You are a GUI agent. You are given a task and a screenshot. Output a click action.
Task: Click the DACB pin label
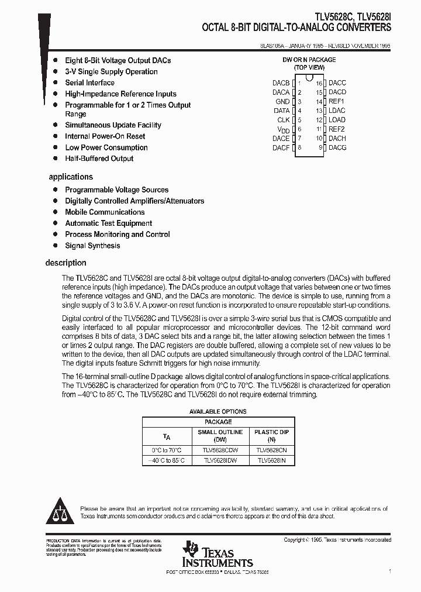[x=281, y=83]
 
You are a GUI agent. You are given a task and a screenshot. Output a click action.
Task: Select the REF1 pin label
[x=336, y=101]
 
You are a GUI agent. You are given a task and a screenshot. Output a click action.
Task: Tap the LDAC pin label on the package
[x=337, y=111]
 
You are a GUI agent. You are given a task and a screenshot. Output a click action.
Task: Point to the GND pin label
[x=282, y=101]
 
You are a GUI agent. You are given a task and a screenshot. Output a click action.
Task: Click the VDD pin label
[x=283, y=129]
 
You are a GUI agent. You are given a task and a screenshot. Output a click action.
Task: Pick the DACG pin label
[x=337, y=147]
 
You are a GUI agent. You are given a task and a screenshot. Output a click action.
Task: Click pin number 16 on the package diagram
[x=319, y=83]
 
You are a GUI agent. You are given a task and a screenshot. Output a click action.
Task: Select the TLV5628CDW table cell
[x=219, y=450]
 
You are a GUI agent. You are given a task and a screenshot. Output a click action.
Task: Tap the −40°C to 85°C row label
[x=167, y=461]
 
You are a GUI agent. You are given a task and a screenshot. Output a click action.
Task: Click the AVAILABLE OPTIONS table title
[x=218, y=411]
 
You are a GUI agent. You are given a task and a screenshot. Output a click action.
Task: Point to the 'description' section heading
[x=65, y=263]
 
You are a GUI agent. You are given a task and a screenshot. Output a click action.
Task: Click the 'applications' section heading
[x=71, y=177]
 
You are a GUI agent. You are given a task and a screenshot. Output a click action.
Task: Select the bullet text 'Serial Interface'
[x=89, y=82]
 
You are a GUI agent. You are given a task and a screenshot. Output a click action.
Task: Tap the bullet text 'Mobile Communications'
[x=105, y=212]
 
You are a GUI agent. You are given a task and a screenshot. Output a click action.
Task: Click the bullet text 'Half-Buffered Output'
[x=99, y=159]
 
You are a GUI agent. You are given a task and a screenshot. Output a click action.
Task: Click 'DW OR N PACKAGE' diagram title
[x=309, y=60]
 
